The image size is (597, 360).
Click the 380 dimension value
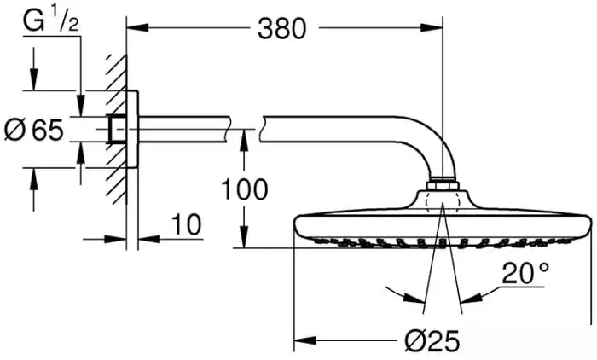[x=281, y=28]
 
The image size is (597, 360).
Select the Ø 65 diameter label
[x=34, y=131]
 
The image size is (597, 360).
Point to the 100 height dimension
[x=244, y=189]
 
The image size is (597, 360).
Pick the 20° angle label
[x=524, y=275]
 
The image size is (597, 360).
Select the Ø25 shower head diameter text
[x=430, y=341]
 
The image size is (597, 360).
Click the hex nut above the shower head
[x=443, y=183]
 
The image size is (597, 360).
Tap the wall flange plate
[x=132, y=128]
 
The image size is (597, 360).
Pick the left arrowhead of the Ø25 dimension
[x=299, y=341]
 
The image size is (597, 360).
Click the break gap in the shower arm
[x=245, y=128]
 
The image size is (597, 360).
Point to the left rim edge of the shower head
[x=296, y=227]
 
